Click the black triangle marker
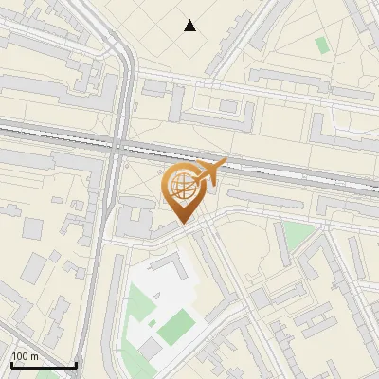click(x=190, y=26)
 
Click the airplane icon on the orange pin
click(x=209, y=171)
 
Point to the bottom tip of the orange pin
click(x=182, y=224)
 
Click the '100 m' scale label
click(x=25, y=356)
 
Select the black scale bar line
click(x=43, y=365)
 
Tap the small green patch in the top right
click(x=322, y=45)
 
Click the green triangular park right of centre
click(x=299, y=236)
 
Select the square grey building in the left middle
click(x=33, y=228)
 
